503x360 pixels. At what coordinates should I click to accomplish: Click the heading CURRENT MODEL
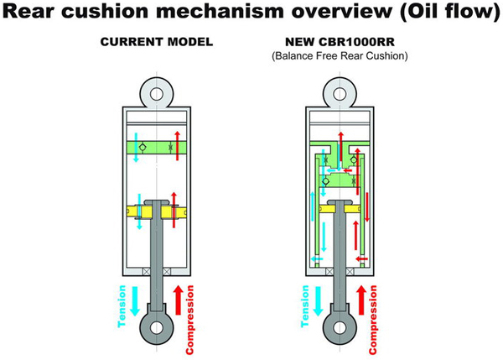[156, 40]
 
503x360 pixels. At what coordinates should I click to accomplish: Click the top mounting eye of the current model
[156, 88]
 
